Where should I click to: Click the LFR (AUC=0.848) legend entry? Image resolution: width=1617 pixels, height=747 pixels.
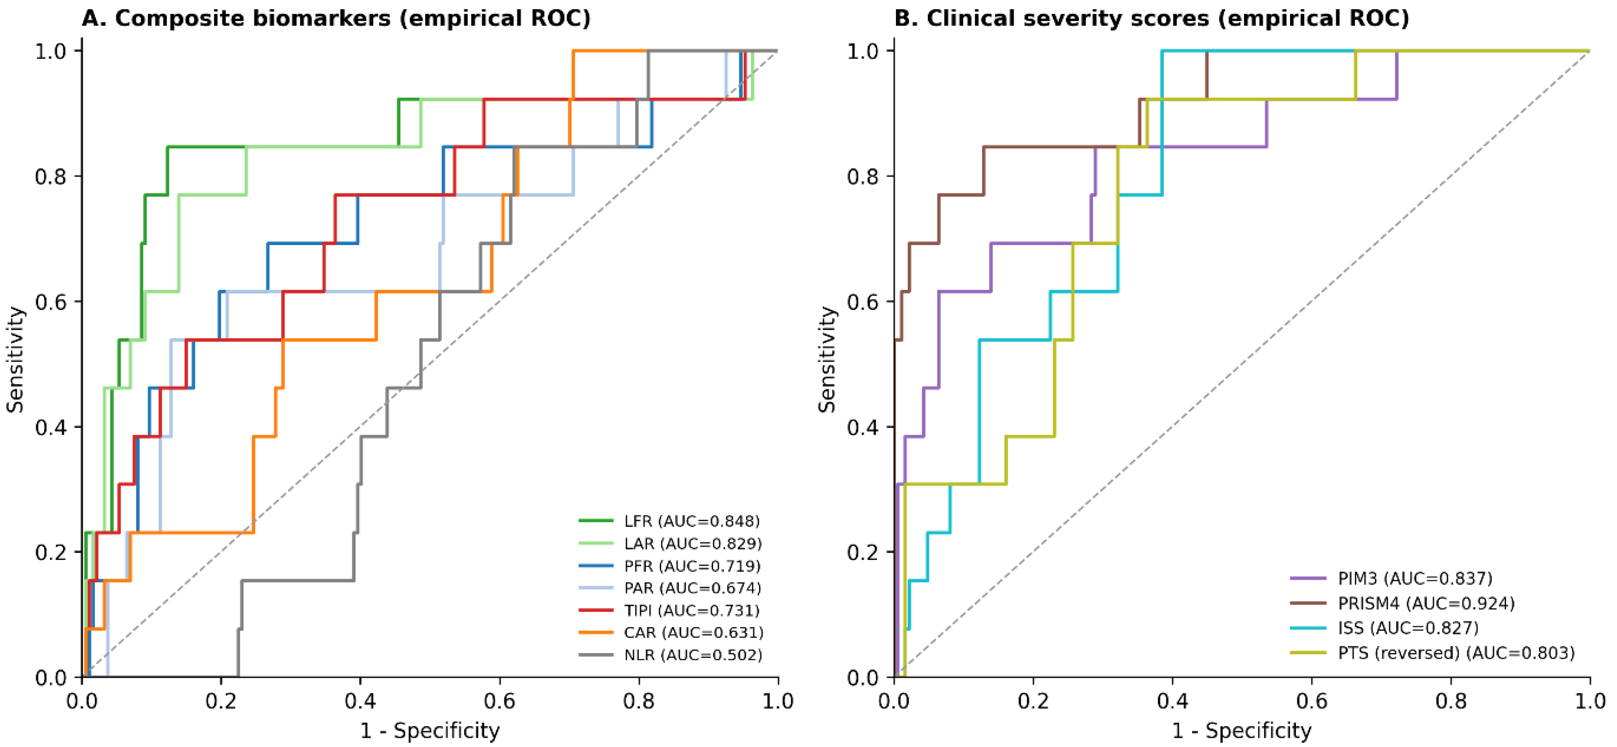pyautogui.click(x=669, y=521)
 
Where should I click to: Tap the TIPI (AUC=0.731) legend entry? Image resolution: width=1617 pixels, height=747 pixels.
pyautogui.click(x=669, y=610)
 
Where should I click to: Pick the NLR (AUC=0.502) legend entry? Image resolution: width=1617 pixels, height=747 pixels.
pyautogui.click(x=670, y=655)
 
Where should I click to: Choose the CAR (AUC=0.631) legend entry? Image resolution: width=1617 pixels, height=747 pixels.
pyautogui.click(x=671, y=632)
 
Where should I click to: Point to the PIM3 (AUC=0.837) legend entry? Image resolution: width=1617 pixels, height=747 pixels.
pyautogui.click(x=1391, y=578)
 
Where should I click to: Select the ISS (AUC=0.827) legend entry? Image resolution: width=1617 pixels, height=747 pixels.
pyautogui.click(x=1385, y=628)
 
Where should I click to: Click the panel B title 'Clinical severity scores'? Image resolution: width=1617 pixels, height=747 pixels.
pyautogui.click(x=1068, y=18)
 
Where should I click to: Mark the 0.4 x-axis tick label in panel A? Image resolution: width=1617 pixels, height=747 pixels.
pyautogui.click(x=360, y=701)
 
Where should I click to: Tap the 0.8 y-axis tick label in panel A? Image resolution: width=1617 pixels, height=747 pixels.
pyautogui.click(x=51, y=176)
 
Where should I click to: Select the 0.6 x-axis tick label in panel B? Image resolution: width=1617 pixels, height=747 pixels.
pyautogui.click(x=1311, y=701)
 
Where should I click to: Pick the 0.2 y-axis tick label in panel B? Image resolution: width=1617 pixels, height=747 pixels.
pyautogui.click(x=863, y=552)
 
